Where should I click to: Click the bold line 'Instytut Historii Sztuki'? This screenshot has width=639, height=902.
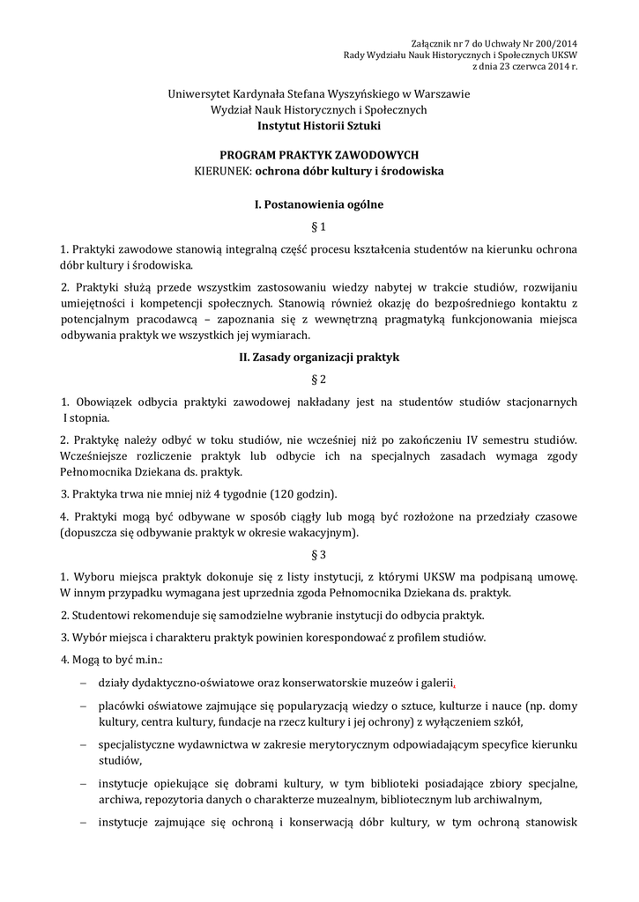click(x=319, y=125)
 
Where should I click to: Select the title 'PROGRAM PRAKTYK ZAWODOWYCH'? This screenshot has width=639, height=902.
click(x=319, y=154)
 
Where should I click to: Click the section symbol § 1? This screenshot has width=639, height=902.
click(x=319, y=226)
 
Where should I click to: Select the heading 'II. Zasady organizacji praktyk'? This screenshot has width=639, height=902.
click(x=319, y=359)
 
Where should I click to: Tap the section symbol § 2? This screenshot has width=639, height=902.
click(x=319, y=380)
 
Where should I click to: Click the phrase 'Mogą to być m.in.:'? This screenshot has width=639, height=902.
click(x=111, y=660)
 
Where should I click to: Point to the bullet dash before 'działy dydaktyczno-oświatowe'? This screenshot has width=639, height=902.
click(x=83, y=683)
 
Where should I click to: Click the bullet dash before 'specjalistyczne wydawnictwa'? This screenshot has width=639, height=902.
click(x=83, y=745)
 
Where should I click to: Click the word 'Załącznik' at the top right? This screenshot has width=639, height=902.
click(x=434, y=43)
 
